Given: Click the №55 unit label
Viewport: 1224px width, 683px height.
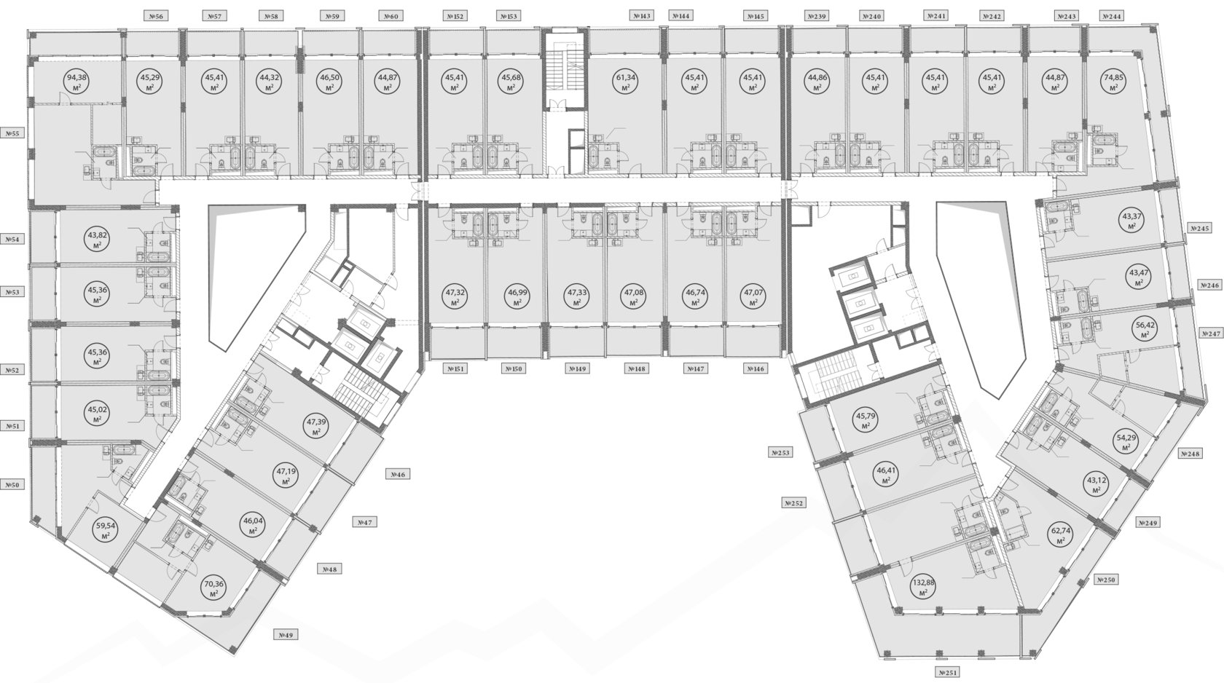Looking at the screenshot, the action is pos(13,133).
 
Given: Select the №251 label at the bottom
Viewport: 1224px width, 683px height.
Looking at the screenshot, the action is pos(947,672).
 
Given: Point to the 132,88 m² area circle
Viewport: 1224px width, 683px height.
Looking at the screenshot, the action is pos(923,587).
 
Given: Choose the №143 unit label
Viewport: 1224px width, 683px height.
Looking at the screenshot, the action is pos(642,15).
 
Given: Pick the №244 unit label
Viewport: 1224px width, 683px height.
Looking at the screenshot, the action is pos(1111,16).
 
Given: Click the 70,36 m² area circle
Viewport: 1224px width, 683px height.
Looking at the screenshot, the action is pos(214,588).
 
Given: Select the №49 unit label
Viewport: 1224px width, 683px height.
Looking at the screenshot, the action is pos(286,635).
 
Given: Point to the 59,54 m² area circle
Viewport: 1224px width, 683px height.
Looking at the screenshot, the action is pos(106,529).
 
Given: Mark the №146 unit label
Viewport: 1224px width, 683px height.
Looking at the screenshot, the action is pos(756,369).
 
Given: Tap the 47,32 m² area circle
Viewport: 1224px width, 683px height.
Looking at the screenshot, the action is pos(455,297).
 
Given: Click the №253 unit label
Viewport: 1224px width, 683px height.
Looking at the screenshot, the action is pos(780,453).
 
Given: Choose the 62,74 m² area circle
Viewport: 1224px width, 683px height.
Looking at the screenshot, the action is pos(1061,535).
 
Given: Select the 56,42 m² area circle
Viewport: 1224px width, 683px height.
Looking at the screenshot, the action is pos(1145,330).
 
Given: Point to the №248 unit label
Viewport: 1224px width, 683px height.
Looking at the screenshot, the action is pos(1190,454).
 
